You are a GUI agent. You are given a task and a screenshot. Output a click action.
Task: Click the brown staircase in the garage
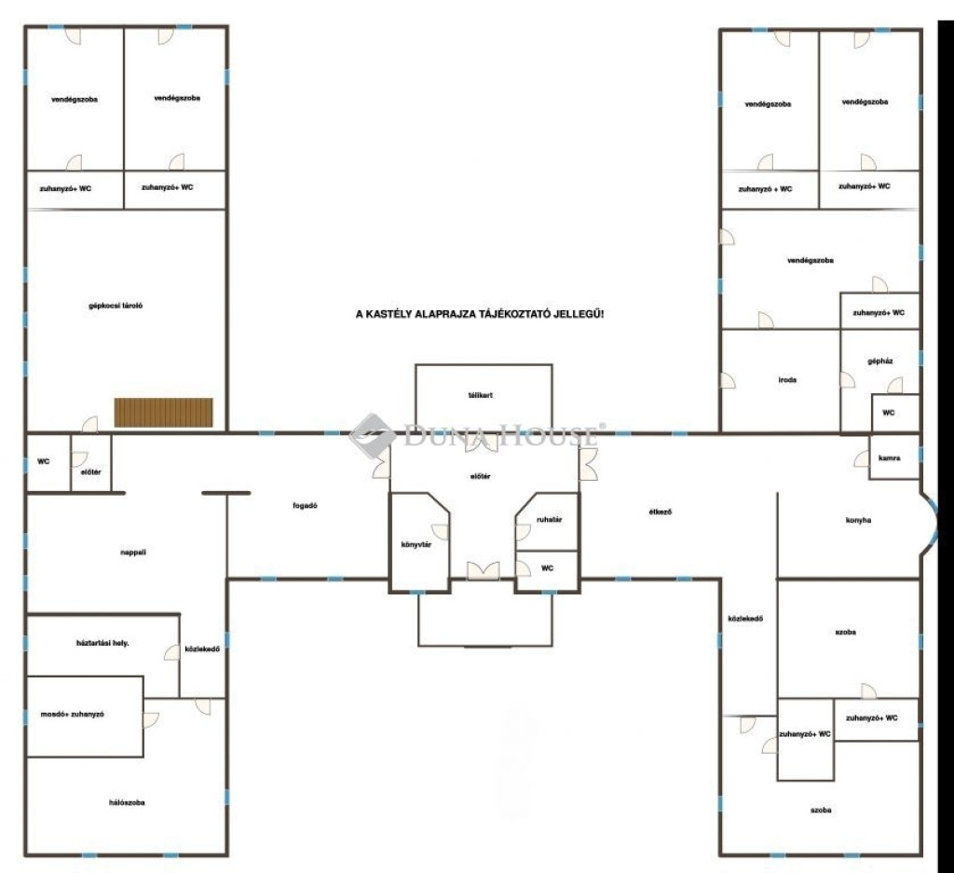tap(164, 413)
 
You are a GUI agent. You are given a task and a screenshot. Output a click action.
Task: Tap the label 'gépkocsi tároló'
tap(116, 306)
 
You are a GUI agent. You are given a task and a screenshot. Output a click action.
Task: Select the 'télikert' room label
tap(481, 395)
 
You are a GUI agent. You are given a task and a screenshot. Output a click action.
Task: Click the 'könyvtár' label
tap(416, 544)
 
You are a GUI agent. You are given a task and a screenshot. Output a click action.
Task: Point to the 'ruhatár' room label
tap(549, 520)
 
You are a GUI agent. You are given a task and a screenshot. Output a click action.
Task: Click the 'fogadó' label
tap(305, 506)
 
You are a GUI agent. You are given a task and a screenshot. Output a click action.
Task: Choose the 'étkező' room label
tap(661, 512)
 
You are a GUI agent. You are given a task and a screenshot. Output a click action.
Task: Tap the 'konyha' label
tap(858, 520)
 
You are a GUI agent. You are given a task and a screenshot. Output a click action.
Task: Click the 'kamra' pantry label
tap(890, 458)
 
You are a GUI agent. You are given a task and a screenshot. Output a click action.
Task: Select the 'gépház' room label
tap(880, 361)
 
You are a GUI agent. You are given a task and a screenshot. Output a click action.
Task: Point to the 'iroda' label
tap(787, 380)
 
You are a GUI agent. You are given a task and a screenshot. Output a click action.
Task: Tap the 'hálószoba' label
tap(127, 803)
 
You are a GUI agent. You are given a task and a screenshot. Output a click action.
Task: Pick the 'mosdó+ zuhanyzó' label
tap(73, 715)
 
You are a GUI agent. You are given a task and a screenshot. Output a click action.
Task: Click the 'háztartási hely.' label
tap(102, 643)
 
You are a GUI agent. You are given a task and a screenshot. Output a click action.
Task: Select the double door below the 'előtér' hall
tap(484, 570)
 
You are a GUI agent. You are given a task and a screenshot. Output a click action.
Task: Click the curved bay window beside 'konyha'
tap(929, 524)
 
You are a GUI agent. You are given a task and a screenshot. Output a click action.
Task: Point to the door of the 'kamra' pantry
tap(862, 459)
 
